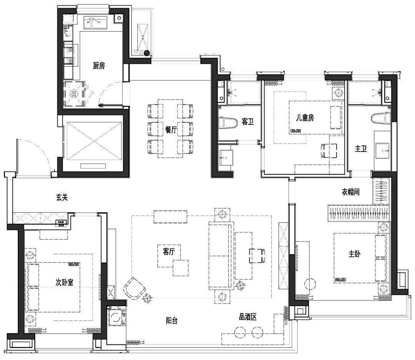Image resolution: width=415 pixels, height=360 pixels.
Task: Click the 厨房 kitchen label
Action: pyautogui.click(x=99, y=66)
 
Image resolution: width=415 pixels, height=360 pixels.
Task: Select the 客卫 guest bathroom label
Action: pyautogui.click(x=247, y=122)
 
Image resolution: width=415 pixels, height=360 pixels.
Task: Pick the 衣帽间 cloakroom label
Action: pyautogui.click(x=350, y=192)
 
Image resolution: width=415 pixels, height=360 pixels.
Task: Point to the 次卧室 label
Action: pyautogui.click(x=65, y=282)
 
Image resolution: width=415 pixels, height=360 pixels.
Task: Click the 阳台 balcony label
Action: pyautogui.click(x=171, y=320)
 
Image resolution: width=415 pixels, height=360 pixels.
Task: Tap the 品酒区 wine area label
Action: pyautogui.click(x=247, y=317)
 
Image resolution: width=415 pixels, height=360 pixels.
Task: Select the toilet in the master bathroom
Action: pyautogui.click(x=380, y=118)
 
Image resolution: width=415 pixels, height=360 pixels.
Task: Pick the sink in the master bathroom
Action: pyautogui.click(x=383, y=150)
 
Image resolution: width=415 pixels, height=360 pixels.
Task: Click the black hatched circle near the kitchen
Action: pyautogui.click(x=147, y=53)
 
